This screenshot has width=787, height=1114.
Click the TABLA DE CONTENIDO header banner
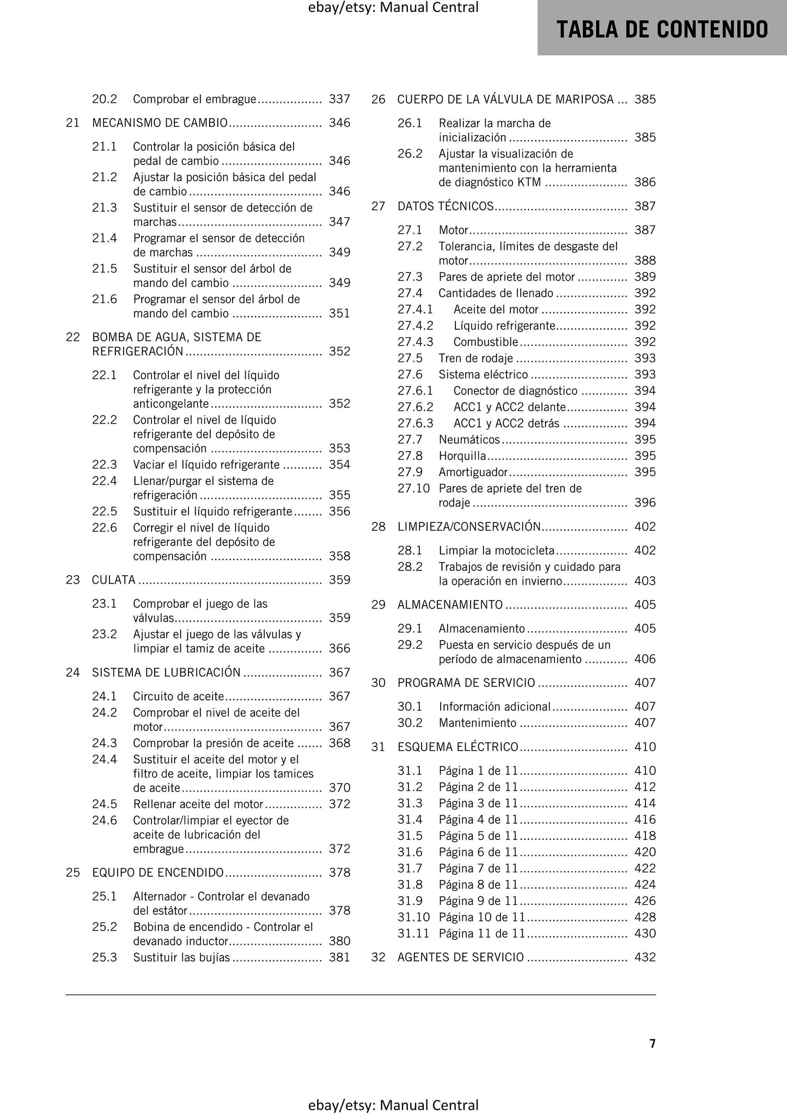[x=662, y=29]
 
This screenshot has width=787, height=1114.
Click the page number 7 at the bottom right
[x=652, y=1043]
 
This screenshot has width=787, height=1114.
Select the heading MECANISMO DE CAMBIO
[x=160, y=123]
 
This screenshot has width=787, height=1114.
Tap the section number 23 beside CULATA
[x=73, y=580]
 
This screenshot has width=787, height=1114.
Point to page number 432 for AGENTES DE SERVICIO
[x=645, y=957]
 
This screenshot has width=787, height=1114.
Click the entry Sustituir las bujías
[x=181, y=957]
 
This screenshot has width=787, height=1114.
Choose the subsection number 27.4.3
[x=415, y=342]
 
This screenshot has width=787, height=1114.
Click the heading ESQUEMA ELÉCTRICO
[x=457, y=747]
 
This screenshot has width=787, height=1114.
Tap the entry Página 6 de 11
[x=478, y=852]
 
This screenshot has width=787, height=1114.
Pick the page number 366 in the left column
[x=339, y=648]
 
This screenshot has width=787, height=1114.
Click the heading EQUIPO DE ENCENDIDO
[x=158, y=873]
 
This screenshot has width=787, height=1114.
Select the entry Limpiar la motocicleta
[x=496, y=550]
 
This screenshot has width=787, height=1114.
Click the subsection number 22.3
[x=105, y=465]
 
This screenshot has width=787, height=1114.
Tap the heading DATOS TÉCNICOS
[x=445, y=206]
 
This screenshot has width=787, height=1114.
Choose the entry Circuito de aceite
[x=178, y=696]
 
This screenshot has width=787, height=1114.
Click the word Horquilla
[x=462, y=456]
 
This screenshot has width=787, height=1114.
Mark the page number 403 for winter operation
[x=645, y=581]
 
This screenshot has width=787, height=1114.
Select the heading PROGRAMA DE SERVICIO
[x=466, y=683]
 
